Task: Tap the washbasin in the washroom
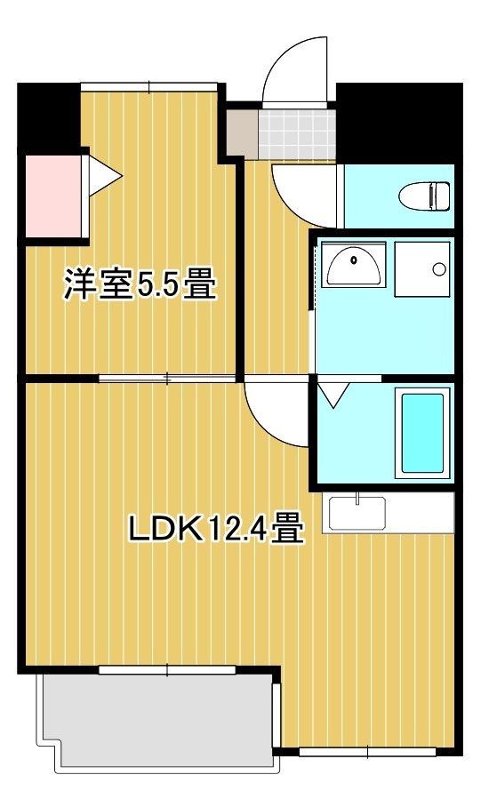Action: (354, 264)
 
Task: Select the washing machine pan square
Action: (422, 266)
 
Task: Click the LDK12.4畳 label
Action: (216, 530)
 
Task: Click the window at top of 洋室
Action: (148, 86)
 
